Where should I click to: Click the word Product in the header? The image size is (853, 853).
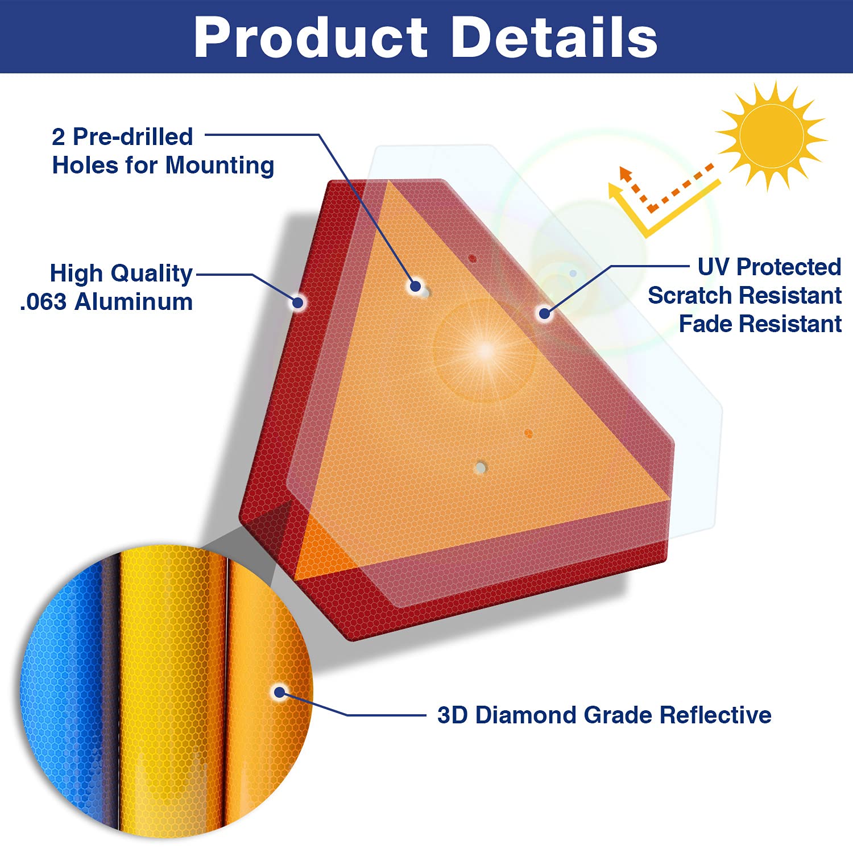point(310,38)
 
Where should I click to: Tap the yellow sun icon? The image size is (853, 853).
point(771,135)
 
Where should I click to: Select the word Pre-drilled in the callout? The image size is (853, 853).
point(133,136)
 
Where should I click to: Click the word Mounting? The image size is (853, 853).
point(220,165)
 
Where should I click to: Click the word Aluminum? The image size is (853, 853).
point(134,302)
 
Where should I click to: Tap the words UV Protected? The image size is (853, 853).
point(769,267)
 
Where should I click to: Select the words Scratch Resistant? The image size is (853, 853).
point(745,295)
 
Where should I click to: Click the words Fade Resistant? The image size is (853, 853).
point(760,324)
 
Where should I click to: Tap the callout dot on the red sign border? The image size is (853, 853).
point(298,302)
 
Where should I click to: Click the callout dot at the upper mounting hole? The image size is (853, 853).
point(416,285)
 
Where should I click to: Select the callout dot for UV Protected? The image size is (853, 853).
point(545,313)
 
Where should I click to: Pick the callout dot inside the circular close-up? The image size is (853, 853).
point(279,692)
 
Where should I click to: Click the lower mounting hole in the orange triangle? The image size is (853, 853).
point(481,468)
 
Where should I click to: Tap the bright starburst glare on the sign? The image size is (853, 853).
point(485,350)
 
